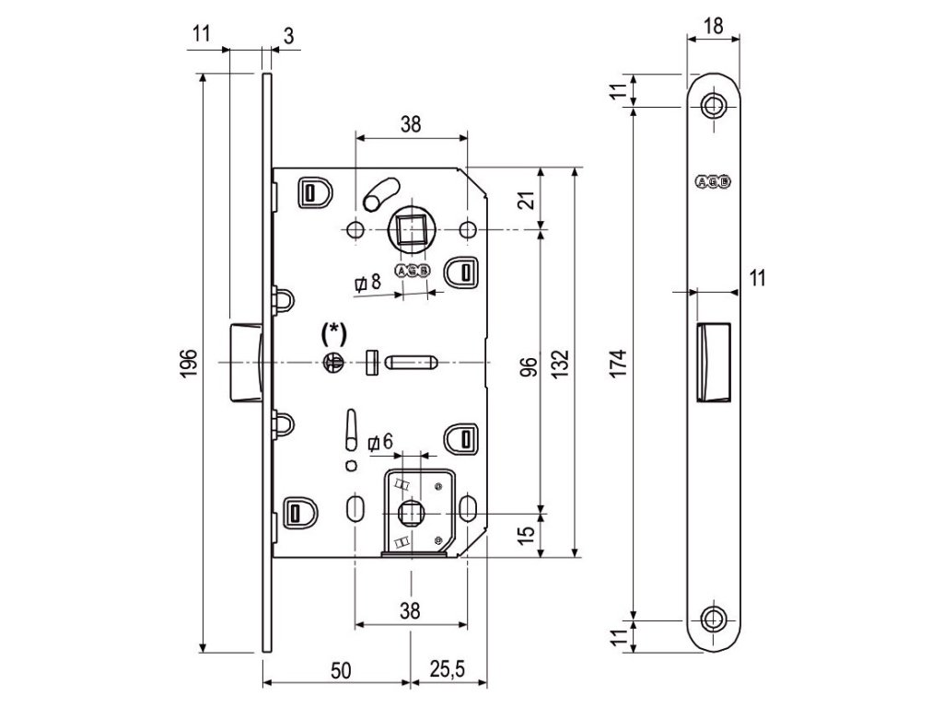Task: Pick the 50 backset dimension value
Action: pyautogui.click(x=339, y=671)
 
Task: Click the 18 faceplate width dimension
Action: pyautogui.click(x=712, y=25)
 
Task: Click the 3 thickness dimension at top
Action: pyautogui.click(x=288, y=36)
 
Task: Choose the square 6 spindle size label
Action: pyautogui.click(x=379, y=443)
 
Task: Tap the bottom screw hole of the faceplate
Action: pyautogui.click(x=713, y=618)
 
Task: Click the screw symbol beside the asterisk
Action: pyautogui.click(x=332, y=364)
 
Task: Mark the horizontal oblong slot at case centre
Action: pyautogui.click(x=411, y=363)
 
